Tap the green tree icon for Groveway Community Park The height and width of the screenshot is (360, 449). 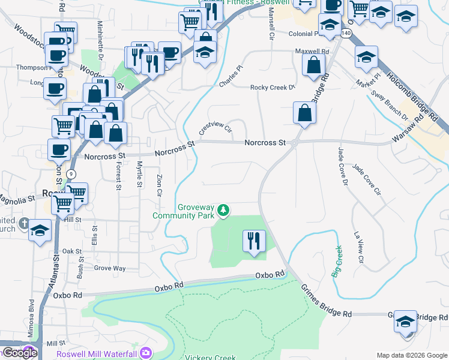tap(223, 210)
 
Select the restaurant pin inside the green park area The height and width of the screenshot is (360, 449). tap(254, 241)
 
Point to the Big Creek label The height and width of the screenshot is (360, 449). tap(337, 261)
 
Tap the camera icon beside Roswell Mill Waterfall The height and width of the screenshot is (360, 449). tap(145, 354)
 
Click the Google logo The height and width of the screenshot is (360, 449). tap(20, 353)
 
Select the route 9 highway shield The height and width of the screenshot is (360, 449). tap(71, 173)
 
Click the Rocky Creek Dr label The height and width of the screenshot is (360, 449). tap(273, 88)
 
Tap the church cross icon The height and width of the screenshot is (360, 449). tap(24, 224)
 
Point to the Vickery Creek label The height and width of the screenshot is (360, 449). tap(210, 358)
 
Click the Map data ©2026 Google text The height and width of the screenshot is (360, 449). tap(412, 355)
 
